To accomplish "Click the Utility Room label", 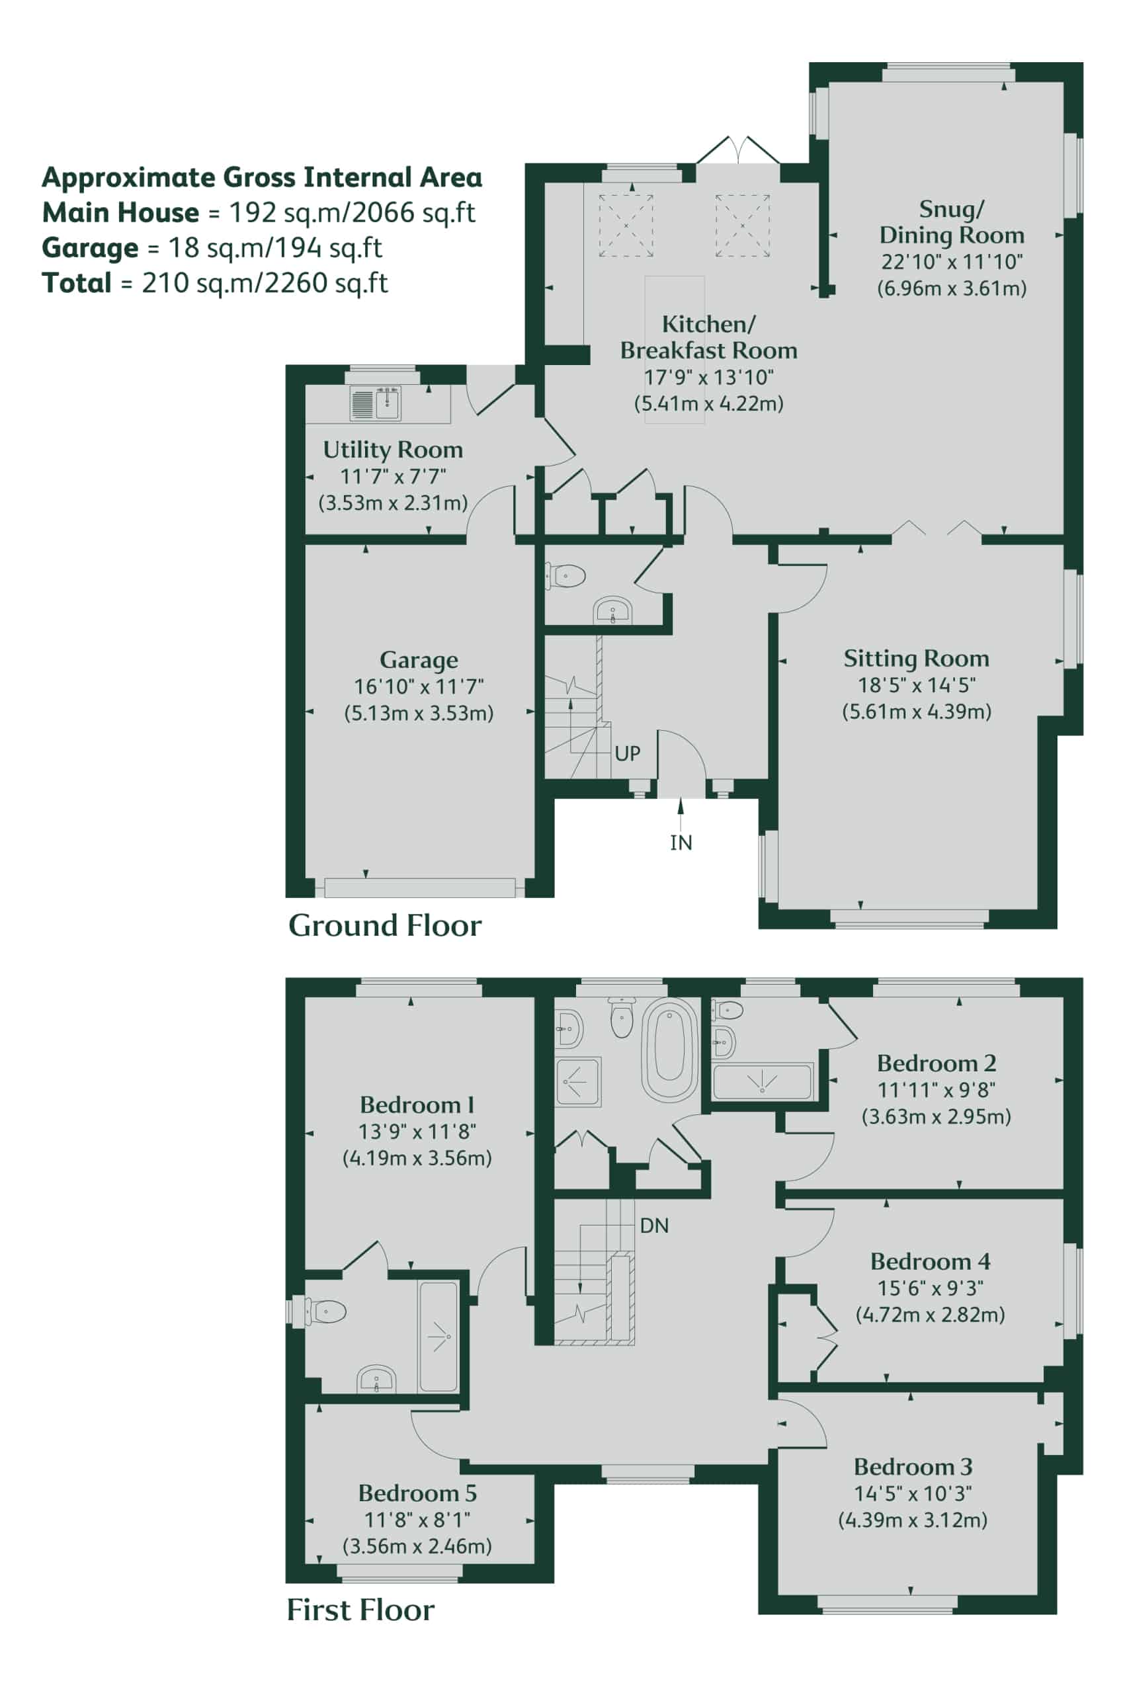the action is click(x=392, y=450).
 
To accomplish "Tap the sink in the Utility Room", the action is click(x=376, y=403).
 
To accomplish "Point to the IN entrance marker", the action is click(x=681, y=842).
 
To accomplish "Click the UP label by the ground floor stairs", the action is click(x=627, y=753).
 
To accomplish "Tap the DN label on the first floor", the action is click(x=654, y=1225).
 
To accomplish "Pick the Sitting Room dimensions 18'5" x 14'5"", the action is click(x=916, y=685).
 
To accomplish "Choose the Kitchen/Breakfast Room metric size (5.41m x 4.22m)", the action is click(x=708, y=403).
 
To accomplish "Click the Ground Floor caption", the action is click(x=384, y=925).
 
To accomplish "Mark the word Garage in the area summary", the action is click(x=91, y=248).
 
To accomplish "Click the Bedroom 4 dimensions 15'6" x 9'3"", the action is click(x=930, y=1288).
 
